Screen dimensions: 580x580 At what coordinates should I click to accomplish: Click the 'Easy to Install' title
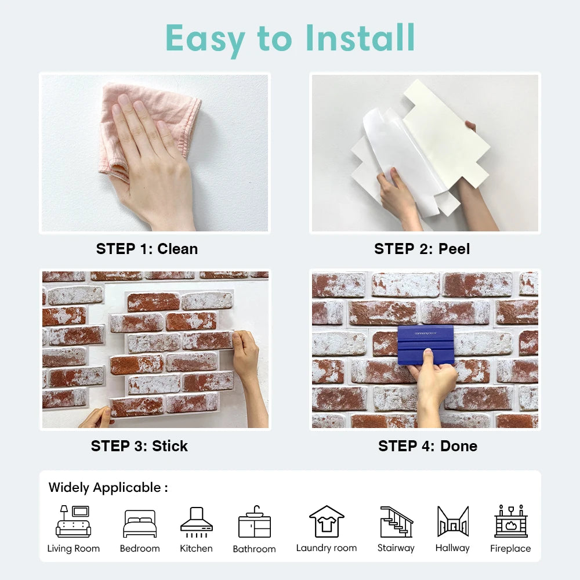(x=290, y=38)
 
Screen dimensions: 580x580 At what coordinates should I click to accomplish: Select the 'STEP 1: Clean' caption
(x=147, y=249)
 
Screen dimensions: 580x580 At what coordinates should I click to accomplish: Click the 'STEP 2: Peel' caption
(x=422, y=249)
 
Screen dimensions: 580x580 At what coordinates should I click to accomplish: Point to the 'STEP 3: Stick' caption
(x=139, y=446)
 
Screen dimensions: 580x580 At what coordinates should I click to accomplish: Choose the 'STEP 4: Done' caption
(x=427, y=446)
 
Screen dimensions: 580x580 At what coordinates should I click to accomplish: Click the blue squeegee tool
(x=426, y=344)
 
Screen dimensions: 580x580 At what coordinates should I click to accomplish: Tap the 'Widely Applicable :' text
(x=108, y=487)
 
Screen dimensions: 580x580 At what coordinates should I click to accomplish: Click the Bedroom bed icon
(x=140, y=524)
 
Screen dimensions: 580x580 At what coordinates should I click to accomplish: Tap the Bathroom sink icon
(x=254, y=522)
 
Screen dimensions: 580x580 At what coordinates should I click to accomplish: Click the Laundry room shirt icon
(x=327, y=521)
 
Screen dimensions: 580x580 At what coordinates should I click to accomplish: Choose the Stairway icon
(x=396, y=521)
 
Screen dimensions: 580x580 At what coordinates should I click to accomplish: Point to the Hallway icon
(x=452, y=521)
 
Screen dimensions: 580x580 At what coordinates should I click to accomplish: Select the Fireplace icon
(x=510, y=521)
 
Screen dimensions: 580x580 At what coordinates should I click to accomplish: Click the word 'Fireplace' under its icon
(x=510, y=549)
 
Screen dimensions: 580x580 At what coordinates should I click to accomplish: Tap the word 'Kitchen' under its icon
(x=196, y=549)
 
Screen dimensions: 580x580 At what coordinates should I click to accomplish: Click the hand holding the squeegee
(x=432, y=386)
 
